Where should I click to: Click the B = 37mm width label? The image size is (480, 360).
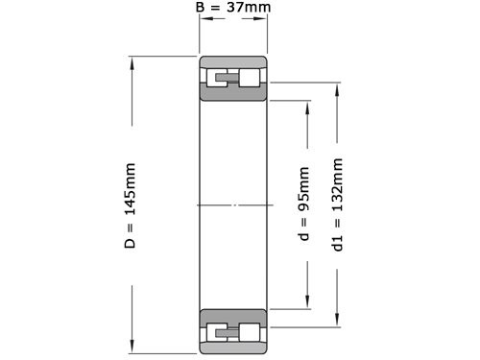pos(233,7)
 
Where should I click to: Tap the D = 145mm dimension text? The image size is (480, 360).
pos(131,205)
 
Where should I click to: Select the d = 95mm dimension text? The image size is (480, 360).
pos(303,204)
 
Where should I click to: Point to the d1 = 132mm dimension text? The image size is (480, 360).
pos(337,204)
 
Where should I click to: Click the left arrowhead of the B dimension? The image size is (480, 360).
pos(206,18)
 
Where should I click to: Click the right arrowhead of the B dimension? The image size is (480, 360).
pos(260,18)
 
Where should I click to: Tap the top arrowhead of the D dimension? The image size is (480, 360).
pos(132,63)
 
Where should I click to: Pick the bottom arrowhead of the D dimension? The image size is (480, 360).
pos(132,347)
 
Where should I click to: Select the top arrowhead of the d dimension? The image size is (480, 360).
pos(307,108)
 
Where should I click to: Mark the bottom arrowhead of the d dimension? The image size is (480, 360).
pos(307,302)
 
